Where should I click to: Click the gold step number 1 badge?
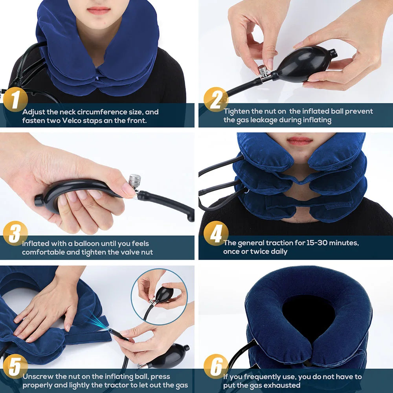tap(15, 100)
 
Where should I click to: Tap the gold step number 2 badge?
tap(216, 100)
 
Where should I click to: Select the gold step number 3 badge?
tap(15, 233)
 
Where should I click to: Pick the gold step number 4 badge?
tap(216, 233)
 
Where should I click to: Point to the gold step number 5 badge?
tap(15, 367)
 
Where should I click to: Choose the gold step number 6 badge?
tap(216, 367)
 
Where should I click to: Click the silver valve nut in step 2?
tap(263, 71)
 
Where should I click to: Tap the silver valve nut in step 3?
tap(134, 181)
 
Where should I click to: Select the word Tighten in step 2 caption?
tap(237, 112)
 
